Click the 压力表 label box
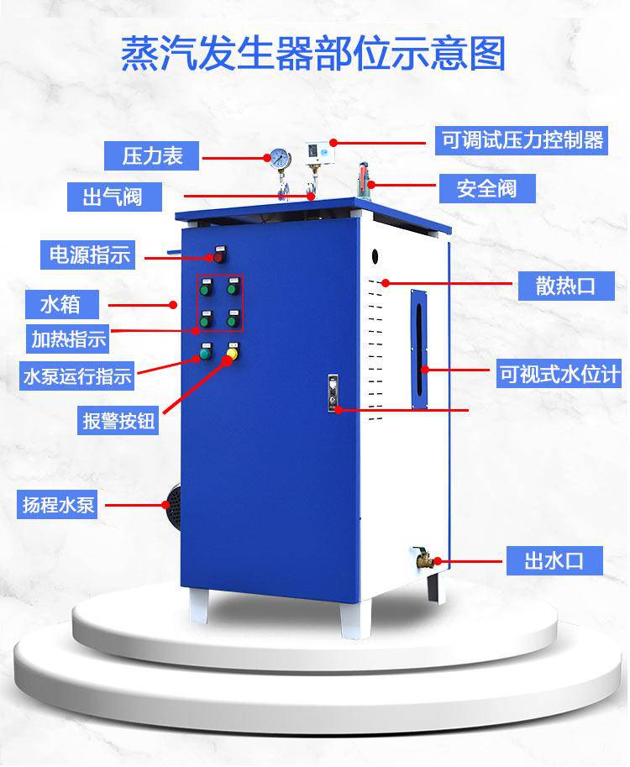(x=152, y=156)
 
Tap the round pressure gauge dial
(x=281, y=159)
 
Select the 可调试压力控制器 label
(x=522, y=141)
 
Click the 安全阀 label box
(x=487, y=188)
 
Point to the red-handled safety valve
(x=364, y=180)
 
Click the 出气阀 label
(x=114, y=197)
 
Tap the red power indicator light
(x=219, y=256)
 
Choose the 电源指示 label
(x=87, y=255)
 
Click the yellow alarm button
(x=233, y=353)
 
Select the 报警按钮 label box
(x=118, y=420)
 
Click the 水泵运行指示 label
(x=76, y=376)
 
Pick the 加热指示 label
(x=67, y=339)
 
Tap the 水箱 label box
(x=62, y=304)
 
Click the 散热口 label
(x=566, y=286)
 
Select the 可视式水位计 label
(x=558, y=374)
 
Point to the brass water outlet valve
(x=423, y=558)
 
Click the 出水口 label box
(x=554, y=560)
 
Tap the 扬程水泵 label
(x=57, y=504)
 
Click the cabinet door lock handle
(x=333, y=393)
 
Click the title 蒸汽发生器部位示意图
(x=313, y=53)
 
